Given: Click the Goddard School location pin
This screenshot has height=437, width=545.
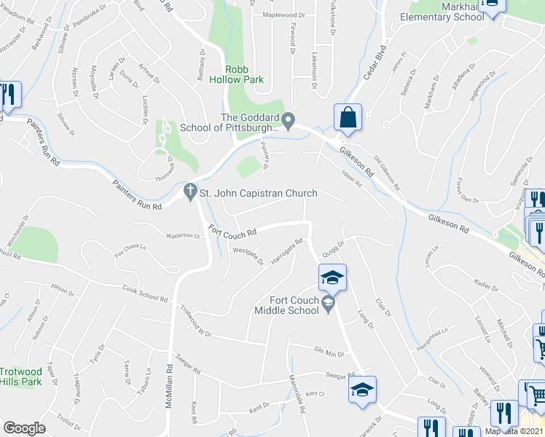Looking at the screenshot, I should click(x=289, y=119).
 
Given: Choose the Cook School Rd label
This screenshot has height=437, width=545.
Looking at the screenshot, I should click(x=145, y=294).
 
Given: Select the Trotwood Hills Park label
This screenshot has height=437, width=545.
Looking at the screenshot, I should click(x=20, y=376).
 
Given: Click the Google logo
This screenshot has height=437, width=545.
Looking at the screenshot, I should click(x=25, y=428).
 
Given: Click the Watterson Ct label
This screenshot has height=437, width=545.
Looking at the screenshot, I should click(x=183, y=235).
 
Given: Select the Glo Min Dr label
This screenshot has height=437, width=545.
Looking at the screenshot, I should click(x=329, y=353).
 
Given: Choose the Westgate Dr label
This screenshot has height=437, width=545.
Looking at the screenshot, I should click(x=248, y=257).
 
